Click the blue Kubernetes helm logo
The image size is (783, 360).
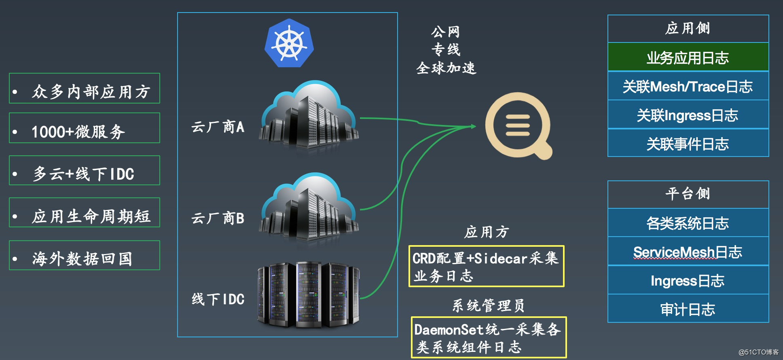point(289,43)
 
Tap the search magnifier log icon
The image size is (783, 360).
point(518,125)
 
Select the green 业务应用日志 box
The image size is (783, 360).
point(688,57)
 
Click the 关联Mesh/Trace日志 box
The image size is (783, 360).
point(688,87)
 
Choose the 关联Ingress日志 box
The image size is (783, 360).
point(688,115)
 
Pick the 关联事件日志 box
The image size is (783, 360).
point(688,144)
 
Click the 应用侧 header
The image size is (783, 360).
point(688,28)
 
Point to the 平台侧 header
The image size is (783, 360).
point(688,194)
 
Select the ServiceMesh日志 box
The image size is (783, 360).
point(688,252)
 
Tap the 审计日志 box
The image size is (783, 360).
point(688,309)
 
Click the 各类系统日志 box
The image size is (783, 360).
point(688,223)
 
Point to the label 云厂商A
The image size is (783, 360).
point(218,127)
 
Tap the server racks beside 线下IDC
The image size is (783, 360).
point(309,294)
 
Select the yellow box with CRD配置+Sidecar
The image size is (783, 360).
point(486,267)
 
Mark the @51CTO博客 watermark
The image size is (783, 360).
point(758,352)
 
